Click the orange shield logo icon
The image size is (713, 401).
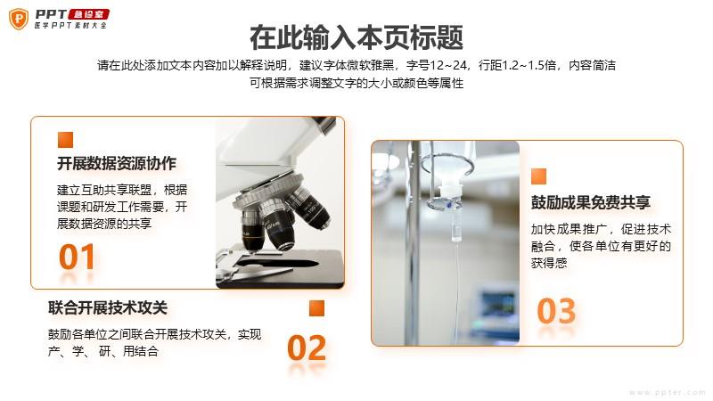19,19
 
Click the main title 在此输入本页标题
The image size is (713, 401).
356,37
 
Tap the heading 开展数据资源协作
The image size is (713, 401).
117,164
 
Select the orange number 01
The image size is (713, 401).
77,257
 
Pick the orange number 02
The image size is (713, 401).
307,348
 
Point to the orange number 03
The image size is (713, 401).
556,311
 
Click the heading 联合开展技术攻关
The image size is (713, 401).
108,307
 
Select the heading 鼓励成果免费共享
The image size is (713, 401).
591,202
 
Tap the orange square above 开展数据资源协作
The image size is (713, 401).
65,140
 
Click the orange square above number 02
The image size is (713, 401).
317,307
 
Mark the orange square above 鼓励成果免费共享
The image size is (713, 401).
539,176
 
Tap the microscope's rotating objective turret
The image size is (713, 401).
272,194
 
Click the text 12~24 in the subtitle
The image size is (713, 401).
448,65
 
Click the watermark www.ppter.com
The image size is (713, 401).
667,392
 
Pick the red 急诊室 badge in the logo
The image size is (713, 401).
88,14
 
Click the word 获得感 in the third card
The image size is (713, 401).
549,263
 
